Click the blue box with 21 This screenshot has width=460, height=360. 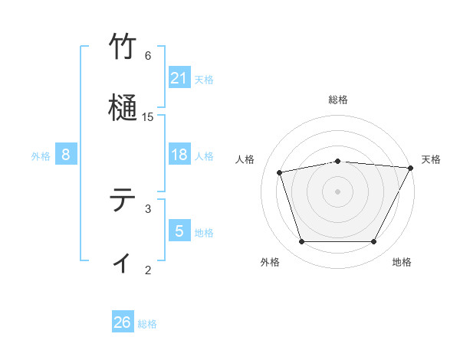[x=179, y=78]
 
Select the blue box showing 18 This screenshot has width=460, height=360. [x=179, y=155]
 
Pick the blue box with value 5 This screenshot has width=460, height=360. [x=179, y=231]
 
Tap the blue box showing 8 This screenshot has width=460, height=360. [x=65, y=155]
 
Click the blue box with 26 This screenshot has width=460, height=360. [x=122, y=322]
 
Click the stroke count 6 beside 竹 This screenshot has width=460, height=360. [x=148, y=55]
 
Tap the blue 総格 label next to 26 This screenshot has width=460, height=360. [x=147, y=324]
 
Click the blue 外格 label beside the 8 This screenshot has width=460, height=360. [x=41, y=156]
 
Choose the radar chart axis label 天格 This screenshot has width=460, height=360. [x=431, y=159]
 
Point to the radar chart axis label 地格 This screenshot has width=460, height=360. [x=402, y=262]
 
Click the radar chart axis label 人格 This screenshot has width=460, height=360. [x=245, y=159]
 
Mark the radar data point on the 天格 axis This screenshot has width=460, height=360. [x=411, y=168]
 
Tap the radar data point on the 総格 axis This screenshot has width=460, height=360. [x=337, y=161]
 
